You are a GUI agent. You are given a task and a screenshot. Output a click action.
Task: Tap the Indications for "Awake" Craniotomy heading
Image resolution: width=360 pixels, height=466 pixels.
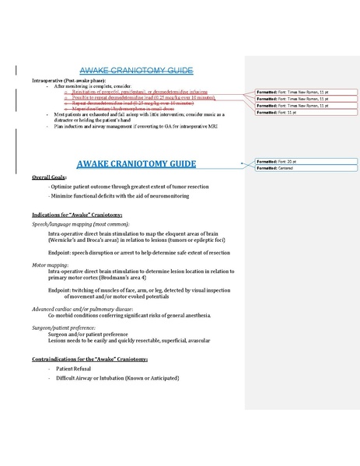(x=76, y=214)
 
